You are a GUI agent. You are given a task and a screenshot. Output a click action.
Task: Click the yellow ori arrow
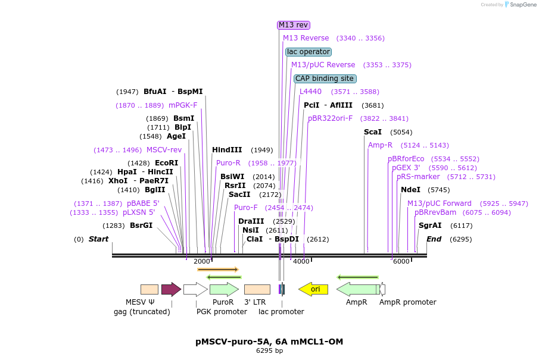(x=313, y=289)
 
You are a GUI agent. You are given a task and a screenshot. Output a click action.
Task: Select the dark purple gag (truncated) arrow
(x=171, y=289)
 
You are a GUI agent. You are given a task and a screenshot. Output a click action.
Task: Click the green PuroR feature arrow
(x=224, y=289)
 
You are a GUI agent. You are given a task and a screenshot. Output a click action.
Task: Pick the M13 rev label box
(x=294, y=25)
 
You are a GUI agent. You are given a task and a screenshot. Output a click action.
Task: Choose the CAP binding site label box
(x=325, y=79)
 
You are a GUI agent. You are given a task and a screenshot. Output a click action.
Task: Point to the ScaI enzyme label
(x=372, y=132)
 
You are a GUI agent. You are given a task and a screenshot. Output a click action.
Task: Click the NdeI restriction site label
(x=410, y=190)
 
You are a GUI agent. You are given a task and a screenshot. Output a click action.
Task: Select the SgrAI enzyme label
(x=430, y=226)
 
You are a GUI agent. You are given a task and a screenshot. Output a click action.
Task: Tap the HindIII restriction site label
(x=227, y=150)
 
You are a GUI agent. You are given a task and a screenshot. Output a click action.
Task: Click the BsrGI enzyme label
(x=141, y=226)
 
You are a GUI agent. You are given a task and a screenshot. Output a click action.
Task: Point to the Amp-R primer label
(x=380, y=145)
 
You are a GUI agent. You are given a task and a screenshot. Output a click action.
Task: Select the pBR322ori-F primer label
(x=330, y=118)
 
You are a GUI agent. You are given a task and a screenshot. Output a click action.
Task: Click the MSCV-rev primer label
(x=164, y=150)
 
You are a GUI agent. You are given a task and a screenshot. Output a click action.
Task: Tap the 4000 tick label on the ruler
(x=301, y=261)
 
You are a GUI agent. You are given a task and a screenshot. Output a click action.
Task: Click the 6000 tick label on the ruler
(x=401, y=261)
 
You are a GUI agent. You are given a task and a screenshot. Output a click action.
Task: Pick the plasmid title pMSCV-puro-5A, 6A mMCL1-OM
(x=269, y=342)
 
